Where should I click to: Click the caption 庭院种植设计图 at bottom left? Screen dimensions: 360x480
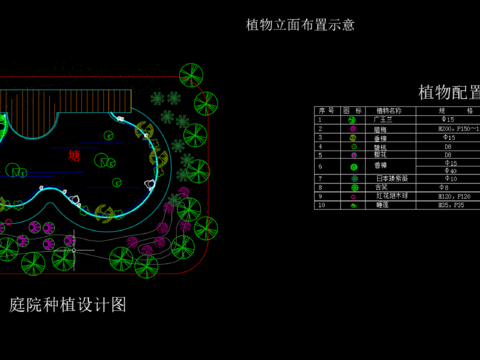tap(68, 305)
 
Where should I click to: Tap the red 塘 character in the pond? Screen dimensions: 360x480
tap(73, 155)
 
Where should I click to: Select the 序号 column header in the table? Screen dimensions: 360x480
tap(324, 110)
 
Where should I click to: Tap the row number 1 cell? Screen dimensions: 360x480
tap(321, 119)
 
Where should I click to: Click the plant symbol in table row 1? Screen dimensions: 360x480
tap(352, 120)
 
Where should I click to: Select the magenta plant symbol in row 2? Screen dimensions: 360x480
tap(352, 129)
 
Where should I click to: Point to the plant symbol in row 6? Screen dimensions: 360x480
tap(352, 166)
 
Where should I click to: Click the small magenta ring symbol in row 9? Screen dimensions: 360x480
tap(352, 196)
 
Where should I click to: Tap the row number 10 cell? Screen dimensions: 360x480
tap(321, 204)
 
